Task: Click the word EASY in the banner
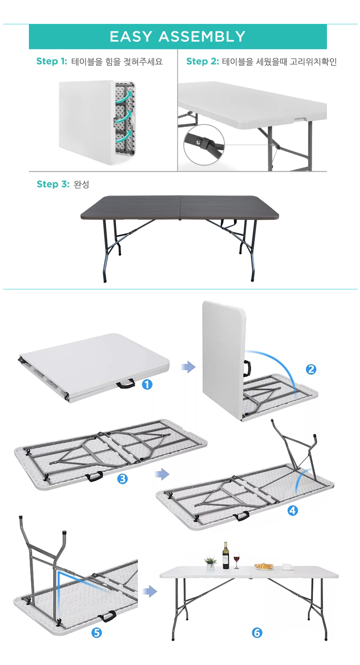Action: point(131,36)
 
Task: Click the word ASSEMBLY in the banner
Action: point(202,36)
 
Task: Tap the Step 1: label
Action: point(51,61)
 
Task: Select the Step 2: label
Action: point(203,61)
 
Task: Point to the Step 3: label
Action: point(53,184)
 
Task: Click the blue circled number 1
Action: point(147,385)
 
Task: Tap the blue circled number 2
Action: point(311,369)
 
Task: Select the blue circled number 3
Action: point(123,479)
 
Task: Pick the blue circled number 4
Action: point(293,510)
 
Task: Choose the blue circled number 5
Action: point(96,633)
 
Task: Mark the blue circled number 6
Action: point(257,633)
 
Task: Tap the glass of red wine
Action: point(237,560)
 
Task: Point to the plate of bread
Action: point(264,566)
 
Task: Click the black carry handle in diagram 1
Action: point(126,384)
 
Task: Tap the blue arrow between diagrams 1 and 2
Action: point(188,367)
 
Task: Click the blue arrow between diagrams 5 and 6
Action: point(149,591)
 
